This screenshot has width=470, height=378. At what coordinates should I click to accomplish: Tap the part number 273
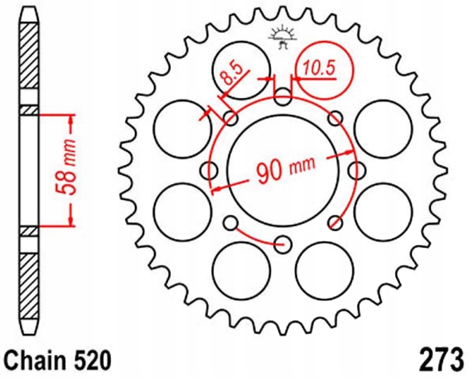pos(439,360)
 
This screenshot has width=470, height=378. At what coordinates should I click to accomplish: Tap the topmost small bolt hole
pos(283,97)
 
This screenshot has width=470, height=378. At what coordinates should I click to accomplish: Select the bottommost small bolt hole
pos(283,243)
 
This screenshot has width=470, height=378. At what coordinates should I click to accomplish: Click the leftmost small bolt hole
pos(210,170)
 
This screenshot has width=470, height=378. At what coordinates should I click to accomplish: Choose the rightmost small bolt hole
pos(356,170)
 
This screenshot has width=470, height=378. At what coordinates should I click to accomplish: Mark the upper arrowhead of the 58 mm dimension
pos(72,119)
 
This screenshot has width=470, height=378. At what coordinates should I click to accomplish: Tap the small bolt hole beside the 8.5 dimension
pos(231,119)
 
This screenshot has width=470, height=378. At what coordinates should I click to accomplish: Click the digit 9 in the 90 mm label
pos(262,172)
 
